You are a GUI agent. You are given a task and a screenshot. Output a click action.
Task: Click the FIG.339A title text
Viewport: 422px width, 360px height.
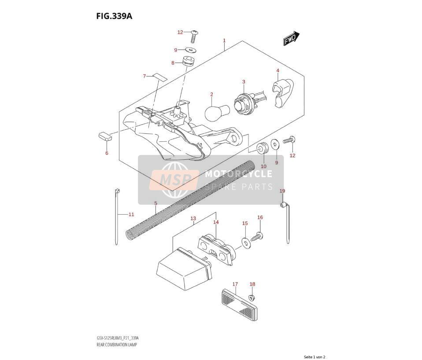click(115, 16)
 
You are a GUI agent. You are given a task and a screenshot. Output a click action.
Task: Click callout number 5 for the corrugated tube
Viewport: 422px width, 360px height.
click(155, 203)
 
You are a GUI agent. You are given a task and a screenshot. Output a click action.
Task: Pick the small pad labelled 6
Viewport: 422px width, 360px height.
click(104, 136)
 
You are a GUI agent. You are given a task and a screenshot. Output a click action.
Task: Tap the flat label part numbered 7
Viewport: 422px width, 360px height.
click(160, 77)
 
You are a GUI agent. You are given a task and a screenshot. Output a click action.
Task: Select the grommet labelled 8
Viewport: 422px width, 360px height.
click(188, 61)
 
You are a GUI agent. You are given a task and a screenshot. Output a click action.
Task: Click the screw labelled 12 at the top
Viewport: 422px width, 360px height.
click(193, 36)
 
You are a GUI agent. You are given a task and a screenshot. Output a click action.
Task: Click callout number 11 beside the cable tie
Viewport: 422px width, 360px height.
click(131, 215)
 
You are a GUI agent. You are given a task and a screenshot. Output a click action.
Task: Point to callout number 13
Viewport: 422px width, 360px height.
click(193, 219)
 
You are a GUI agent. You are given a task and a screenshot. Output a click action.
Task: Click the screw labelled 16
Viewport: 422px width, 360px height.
click(257, 237)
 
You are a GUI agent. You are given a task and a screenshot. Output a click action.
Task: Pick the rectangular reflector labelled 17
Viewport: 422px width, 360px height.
click(239, 305)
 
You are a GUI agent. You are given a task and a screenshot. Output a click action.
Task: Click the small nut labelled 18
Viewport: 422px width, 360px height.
click(252, 298)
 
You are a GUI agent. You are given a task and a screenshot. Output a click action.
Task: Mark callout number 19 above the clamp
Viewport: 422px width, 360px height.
click(282, 191)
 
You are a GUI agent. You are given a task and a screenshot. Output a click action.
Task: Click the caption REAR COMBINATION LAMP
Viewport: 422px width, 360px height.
click(117, 345)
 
